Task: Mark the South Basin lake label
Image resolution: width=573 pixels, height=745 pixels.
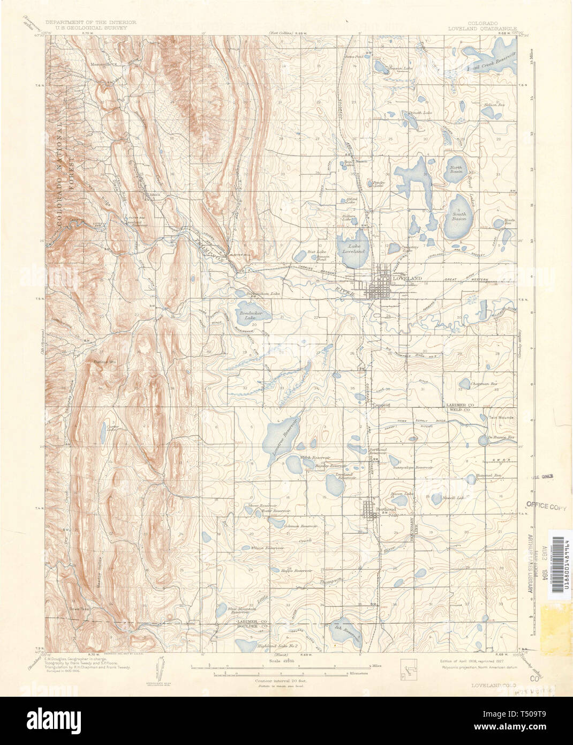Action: click(x=458, y=217)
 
